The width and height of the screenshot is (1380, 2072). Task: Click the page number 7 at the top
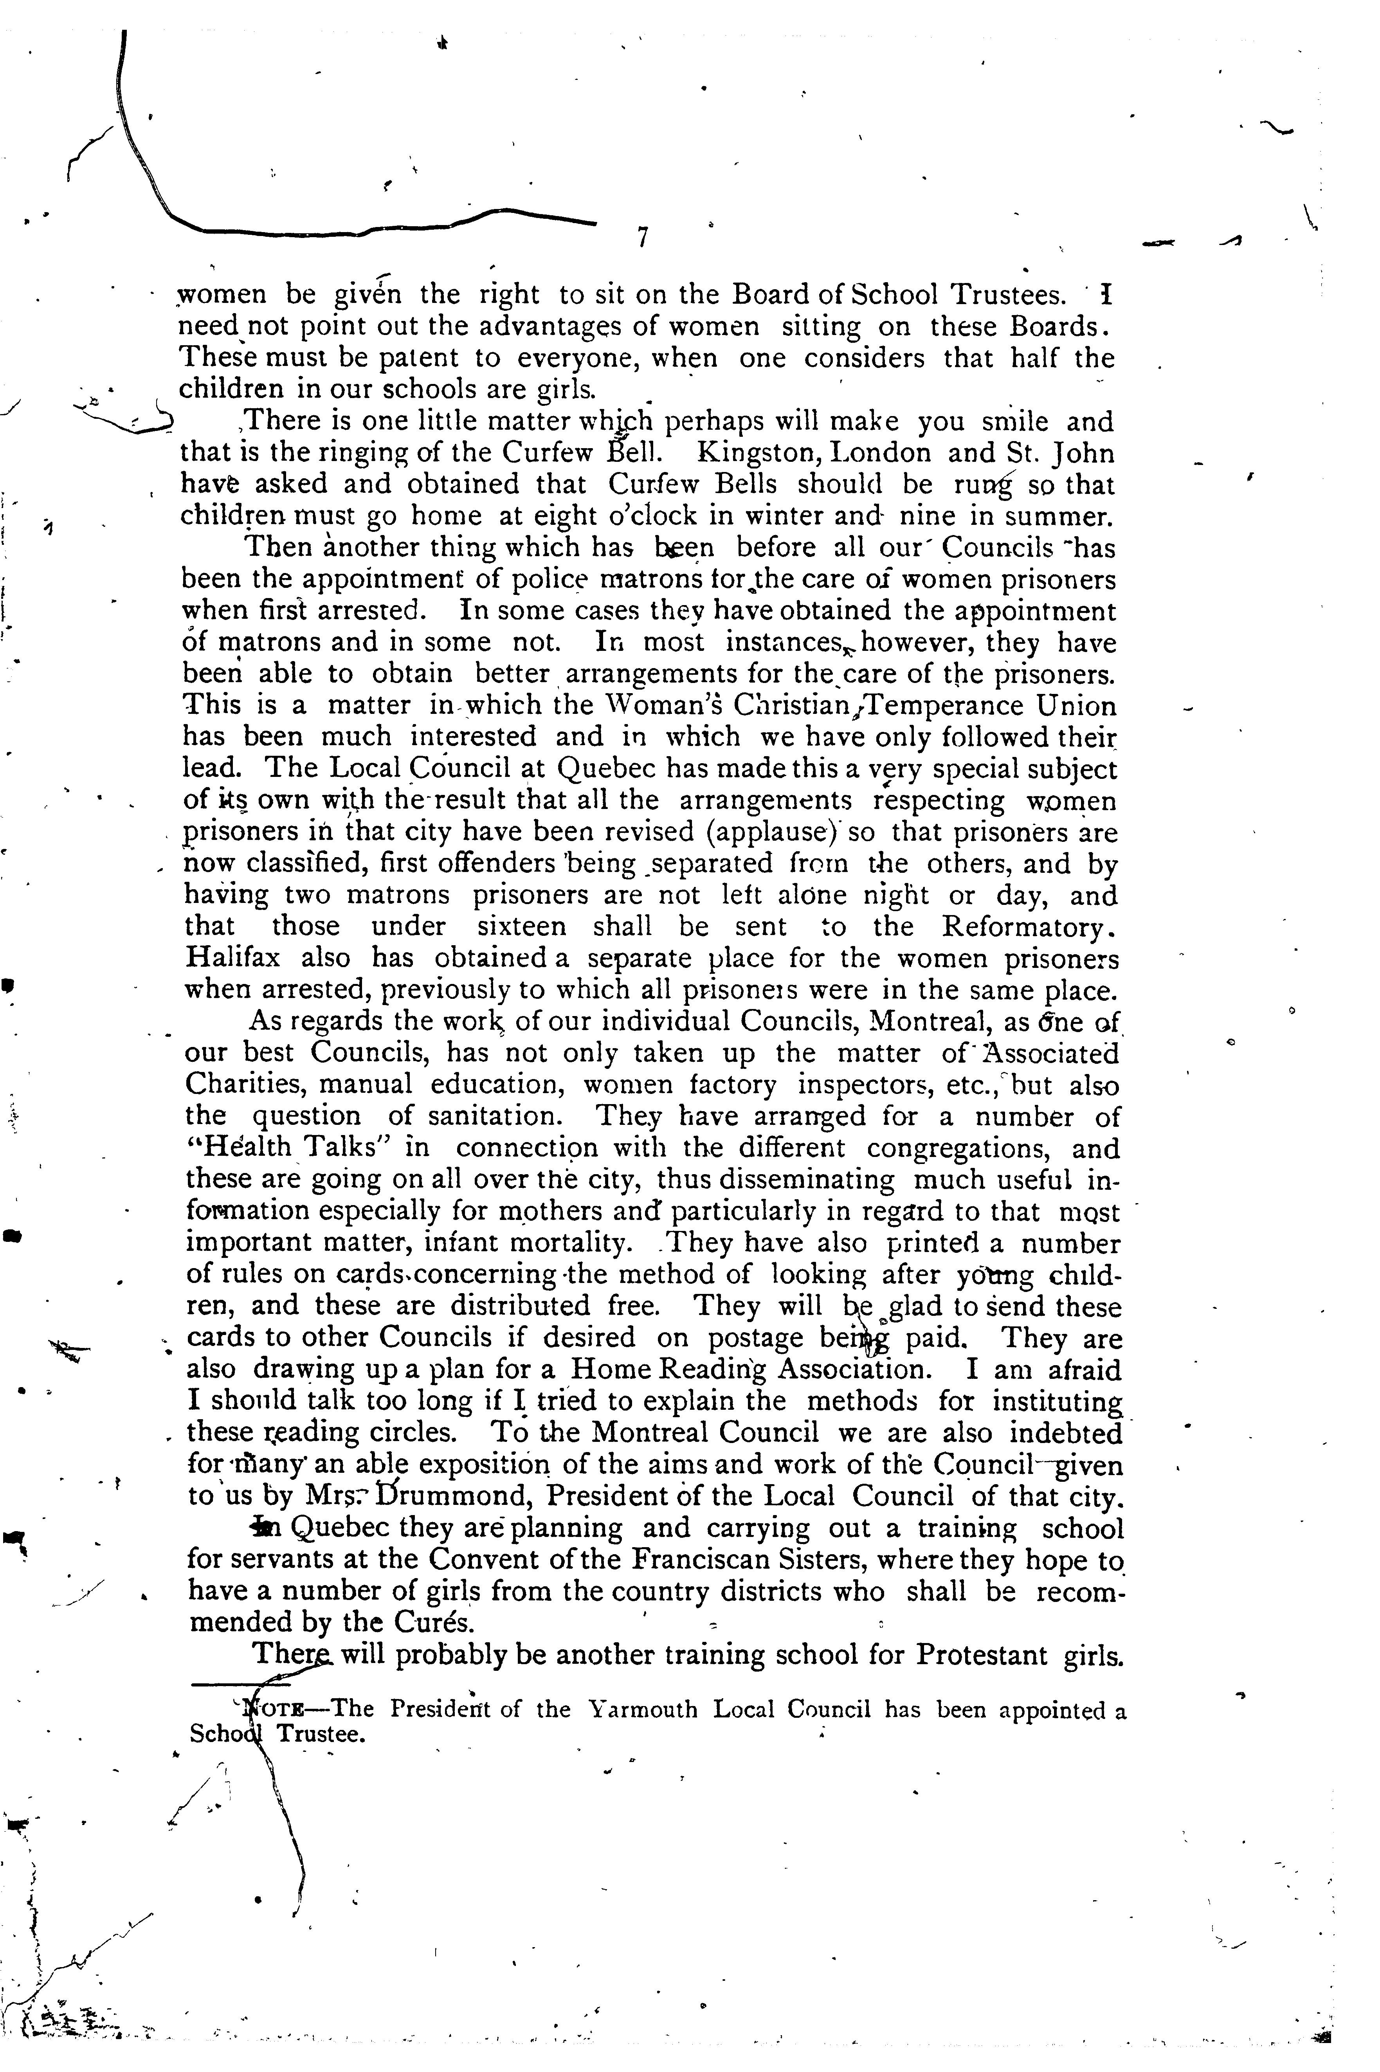pos(643,238)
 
